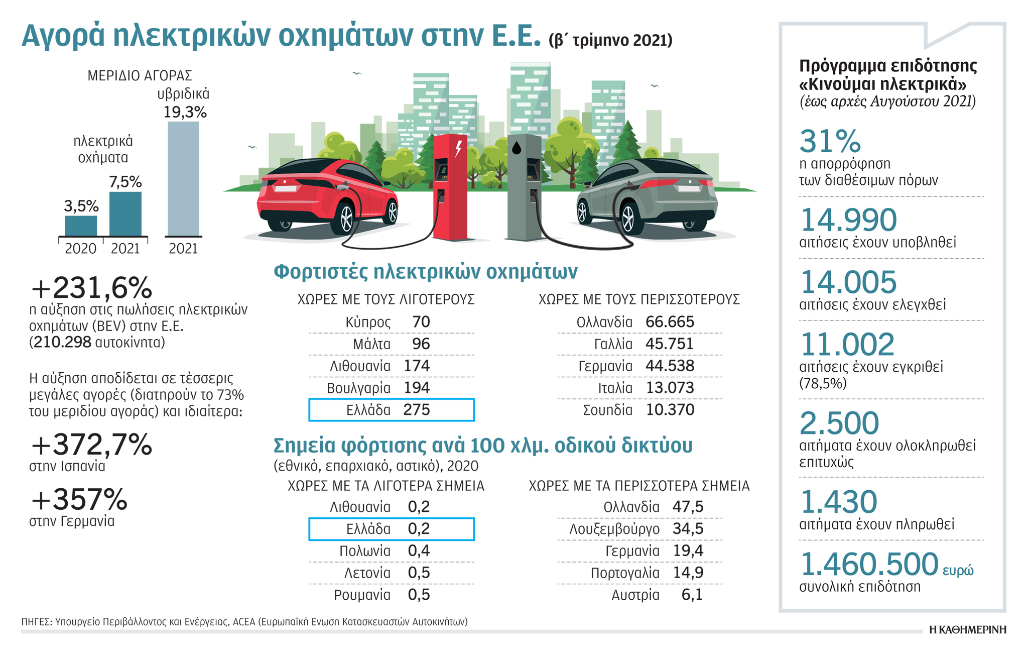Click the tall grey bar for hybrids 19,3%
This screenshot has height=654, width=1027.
(x=183, y=178)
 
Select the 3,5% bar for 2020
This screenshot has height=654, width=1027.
(x=81, y=226)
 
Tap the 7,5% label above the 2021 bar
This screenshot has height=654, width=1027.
(x=125, y=182)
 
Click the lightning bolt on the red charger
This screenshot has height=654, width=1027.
(x=458, y=149)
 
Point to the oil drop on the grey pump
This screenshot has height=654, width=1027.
(x=517, y=148)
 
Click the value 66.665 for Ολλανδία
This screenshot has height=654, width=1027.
(x=670, y=322)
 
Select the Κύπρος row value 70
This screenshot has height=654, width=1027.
(x=421, y=322)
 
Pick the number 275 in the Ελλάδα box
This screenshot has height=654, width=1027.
(x=417, y=410)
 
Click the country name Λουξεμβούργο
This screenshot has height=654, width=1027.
(x=614, y=529)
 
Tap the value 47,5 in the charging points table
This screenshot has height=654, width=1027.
(x=688, y=507)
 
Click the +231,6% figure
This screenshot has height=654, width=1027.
(x=91, y=288)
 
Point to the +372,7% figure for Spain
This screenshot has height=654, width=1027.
(x=91, y=445)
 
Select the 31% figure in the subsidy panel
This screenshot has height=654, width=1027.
(x=830, y=141)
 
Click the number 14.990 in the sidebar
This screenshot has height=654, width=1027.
(x=848, y=220)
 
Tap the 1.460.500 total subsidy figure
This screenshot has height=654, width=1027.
(x=869, y=564)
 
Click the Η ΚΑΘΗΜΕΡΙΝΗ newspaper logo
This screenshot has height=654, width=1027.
(x=967, y=630)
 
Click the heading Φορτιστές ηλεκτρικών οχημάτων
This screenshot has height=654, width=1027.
(x=426, y=272)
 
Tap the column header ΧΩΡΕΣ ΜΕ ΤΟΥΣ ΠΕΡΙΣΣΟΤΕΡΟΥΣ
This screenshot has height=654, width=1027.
(x=639, y=300)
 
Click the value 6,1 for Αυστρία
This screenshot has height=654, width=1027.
(x=692, y=595)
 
